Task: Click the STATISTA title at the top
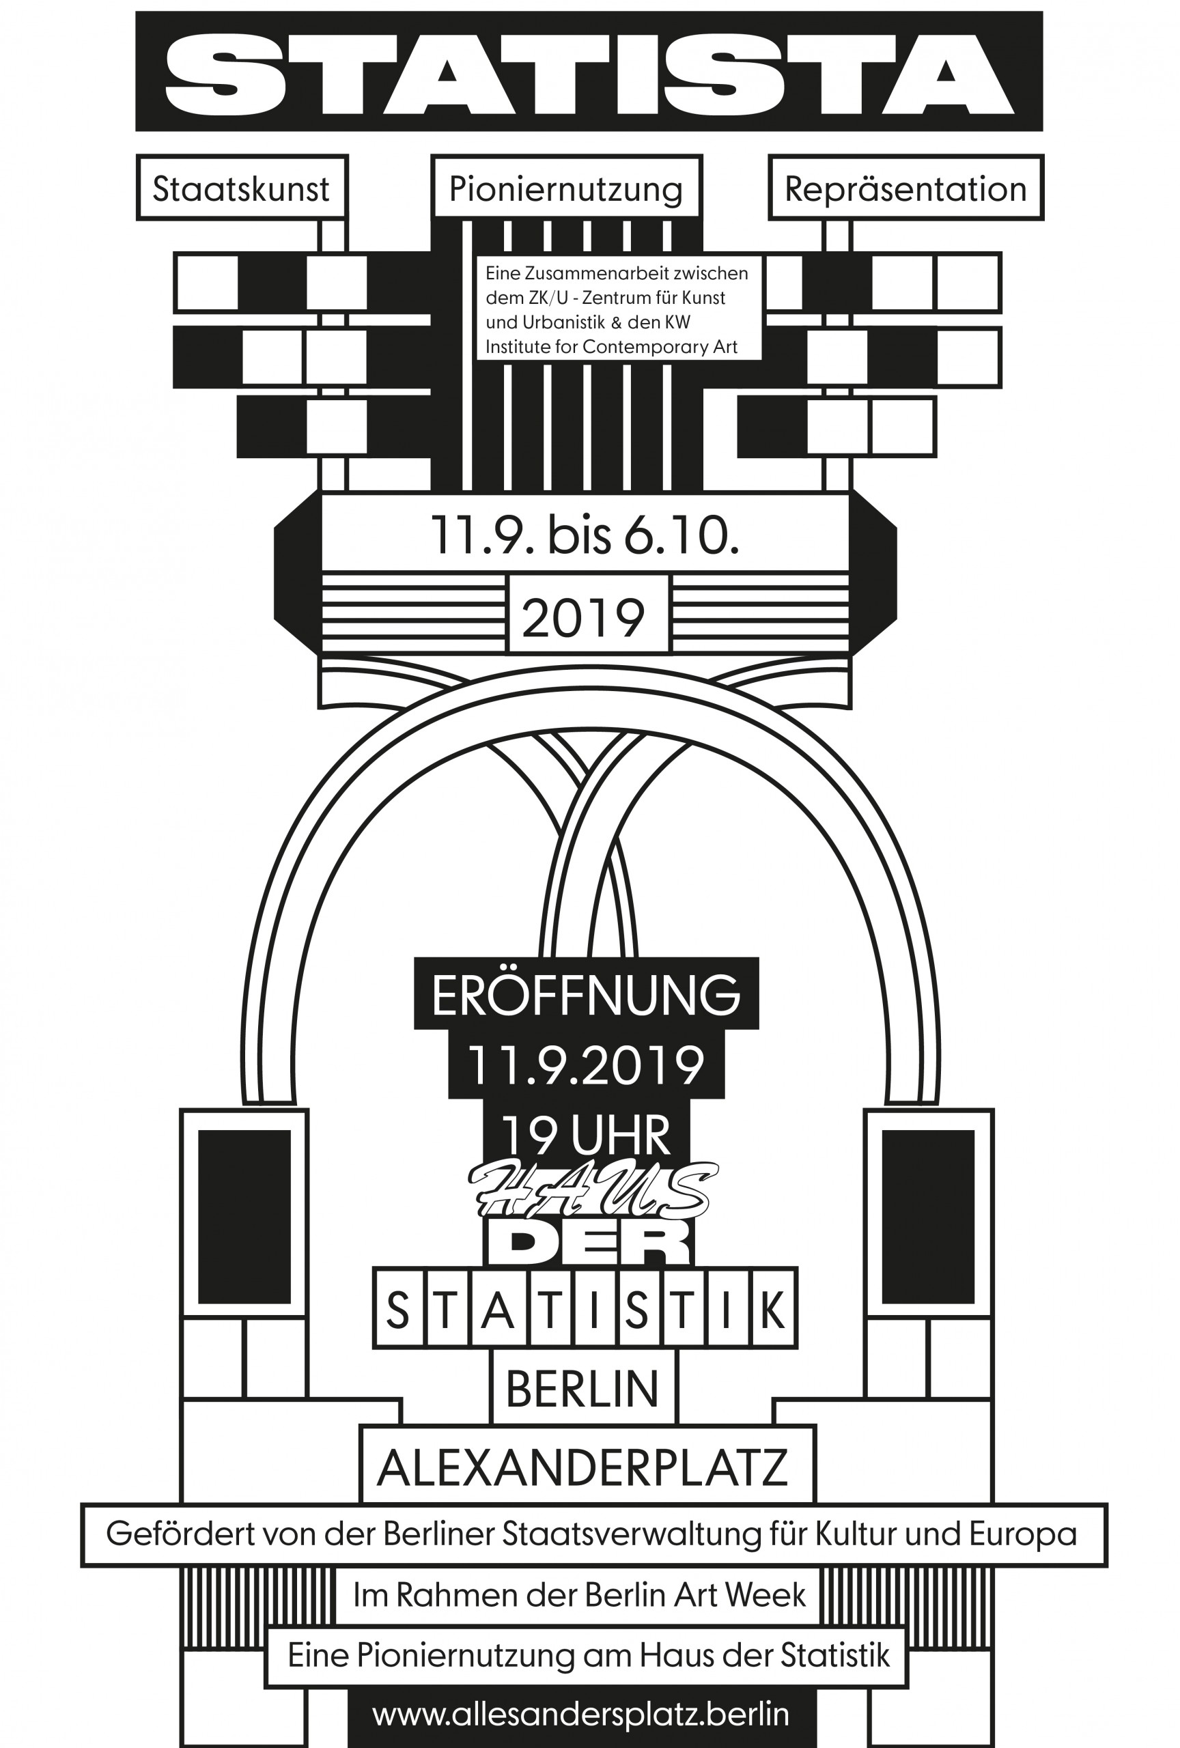point(589,73)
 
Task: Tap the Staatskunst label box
point(242,188)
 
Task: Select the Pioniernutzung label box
point(566,187)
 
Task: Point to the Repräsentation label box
point(905,188)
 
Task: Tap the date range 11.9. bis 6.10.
point(585,534)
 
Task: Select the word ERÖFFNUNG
point(586,993)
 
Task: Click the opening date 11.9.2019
point(586,1065)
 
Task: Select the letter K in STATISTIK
point(772,1310)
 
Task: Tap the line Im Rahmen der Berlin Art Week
point(580,1594)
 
